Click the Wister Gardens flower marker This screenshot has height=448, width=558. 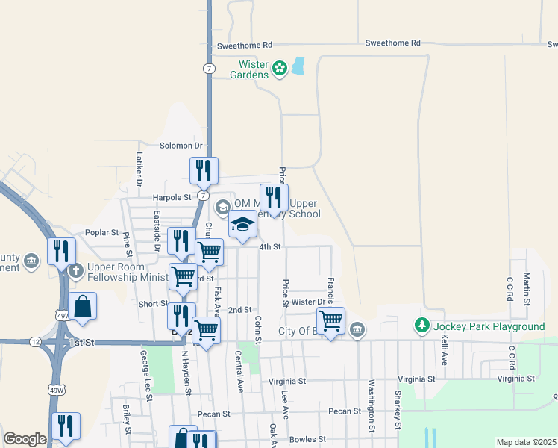click(280, 69)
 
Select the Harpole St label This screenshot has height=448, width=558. click(172, 197)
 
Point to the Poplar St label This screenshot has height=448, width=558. click(102, 232)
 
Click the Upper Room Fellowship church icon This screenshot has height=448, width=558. click(75, 271)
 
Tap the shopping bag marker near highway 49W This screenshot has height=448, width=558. click(82, 306)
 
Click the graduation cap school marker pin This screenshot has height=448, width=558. click(242, 225)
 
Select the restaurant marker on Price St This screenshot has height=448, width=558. click(274, 198)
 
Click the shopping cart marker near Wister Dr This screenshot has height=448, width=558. click(330, 321)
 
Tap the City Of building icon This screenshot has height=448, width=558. click(357, 330)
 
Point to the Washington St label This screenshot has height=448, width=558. click(371, 406)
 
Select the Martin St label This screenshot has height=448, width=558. click(526, 288)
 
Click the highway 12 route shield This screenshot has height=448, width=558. click(35, 341)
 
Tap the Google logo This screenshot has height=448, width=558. click(25, 439)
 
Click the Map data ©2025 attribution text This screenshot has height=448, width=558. click(525, 442)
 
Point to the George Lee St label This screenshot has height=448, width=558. click(145, 377)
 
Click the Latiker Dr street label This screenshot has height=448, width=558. click(139, 169)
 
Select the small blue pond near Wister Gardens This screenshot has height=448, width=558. click(298, 66)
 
